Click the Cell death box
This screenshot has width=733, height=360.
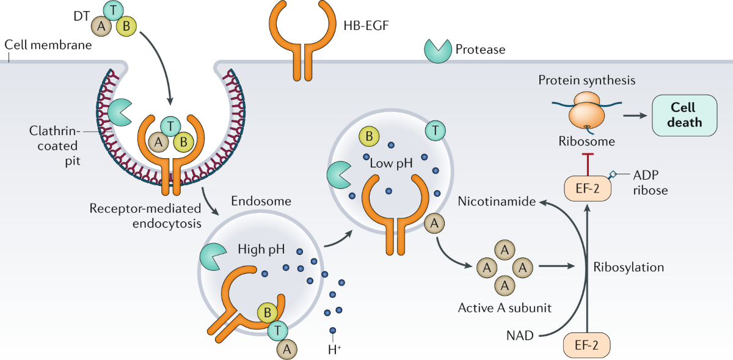tap(683, 114)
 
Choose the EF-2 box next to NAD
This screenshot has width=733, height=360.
tap(588, 343)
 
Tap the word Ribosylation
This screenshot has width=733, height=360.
tap(629, 267)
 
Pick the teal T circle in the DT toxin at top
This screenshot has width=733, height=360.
tap(112, 10)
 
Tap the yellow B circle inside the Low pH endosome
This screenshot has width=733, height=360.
tap(369, 138)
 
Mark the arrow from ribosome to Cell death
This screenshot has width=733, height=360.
tap(633, 114)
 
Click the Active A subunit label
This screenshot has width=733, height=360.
tap(505, 308)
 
